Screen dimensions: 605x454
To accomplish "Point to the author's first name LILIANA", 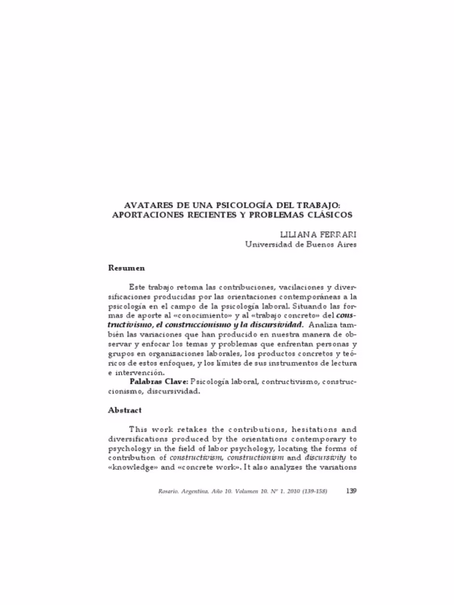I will coord(297,234).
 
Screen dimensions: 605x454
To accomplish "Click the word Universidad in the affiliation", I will coord(274,244).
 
